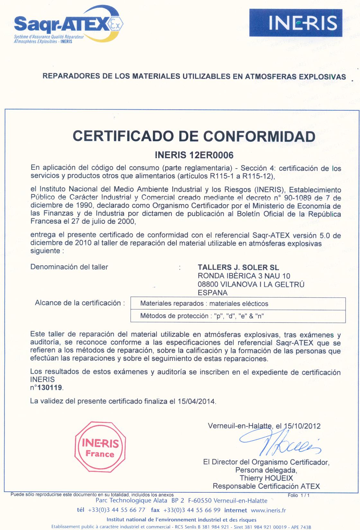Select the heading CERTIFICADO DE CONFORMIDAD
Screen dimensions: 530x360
point(194,136)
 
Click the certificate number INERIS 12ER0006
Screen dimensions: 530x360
point(194,155)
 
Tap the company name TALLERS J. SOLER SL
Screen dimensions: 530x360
point(238,267)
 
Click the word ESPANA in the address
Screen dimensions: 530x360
point(212,293)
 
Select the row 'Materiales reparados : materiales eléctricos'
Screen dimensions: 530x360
point(238,304)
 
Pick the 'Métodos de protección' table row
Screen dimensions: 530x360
point(238,316)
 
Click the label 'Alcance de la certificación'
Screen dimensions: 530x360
point(79,303)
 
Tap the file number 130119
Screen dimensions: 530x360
point(50,388)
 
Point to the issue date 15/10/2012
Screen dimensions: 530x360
point(302,426)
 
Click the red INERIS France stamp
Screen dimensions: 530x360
point(100,447)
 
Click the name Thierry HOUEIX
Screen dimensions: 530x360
point(266,478)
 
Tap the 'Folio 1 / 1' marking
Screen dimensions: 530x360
point(299,495)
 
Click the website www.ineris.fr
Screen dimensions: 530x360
point(268,510)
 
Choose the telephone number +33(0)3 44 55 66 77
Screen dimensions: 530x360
point(116,510)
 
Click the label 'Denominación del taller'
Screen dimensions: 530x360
point(69,267)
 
